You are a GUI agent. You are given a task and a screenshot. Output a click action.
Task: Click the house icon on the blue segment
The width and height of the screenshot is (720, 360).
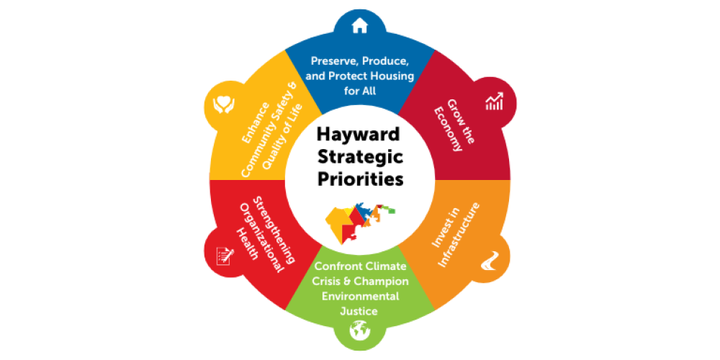pyautogui.click(x=359, y=26)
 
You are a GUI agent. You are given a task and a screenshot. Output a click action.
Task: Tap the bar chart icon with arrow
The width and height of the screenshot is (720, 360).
pyautogui.click(x=494, y=102)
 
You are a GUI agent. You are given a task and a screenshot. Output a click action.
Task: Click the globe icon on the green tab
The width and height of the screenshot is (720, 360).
pyautogui.click(x=359, y=330)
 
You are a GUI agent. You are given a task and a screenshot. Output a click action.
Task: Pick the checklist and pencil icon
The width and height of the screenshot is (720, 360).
pyautogui.click(x=225, y=255)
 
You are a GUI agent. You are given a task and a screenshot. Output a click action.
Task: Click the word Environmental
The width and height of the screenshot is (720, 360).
pyautogui.click(x=359, y=296)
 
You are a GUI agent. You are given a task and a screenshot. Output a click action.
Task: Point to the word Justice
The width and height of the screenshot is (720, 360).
pyautogui.click(x=359, y=311)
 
